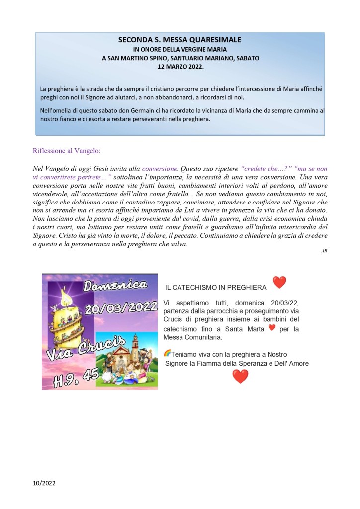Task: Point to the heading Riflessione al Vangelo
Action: [66, 151]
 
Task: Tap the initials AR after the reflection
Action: [324, 251]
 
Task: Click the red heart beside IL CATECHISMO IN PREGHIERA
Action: [279, 283]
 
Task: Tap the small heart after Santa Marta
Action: [271, 328]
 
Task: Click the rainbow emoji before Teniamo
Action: [167, 353]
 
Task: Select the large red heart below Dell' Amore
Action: [240, 376]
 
